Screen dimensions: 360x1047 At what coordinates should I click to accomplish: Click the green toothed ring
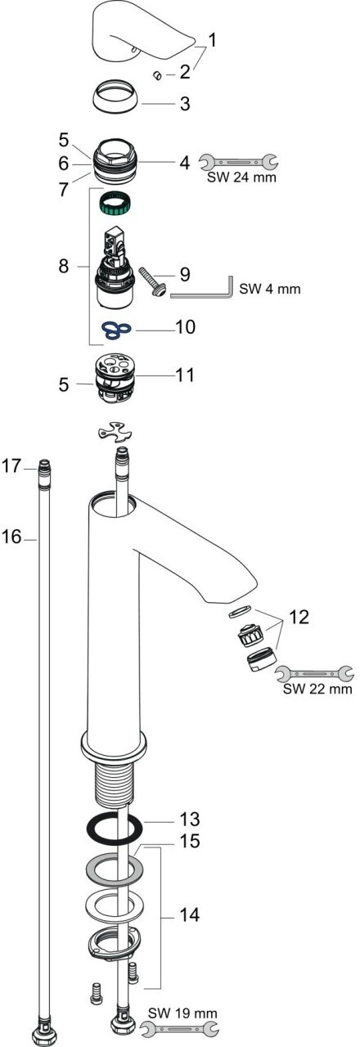[115, 202]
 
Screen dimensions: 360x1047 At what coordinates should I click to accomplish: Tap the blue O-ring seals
[117, 330]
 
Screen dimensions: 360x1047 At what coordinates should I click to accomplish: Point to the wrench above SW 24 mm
[238, 162]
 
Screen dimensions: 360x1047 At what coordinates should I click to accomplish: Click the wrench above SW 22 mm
[313, 673]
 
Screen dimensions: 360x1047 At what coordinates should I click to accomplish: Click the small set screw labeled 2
[157, 74]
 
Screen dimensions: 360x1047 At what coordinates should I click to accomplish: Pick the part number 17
[11, 465]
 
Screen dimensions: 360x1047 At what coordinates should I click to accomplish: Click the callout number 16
[11, 537]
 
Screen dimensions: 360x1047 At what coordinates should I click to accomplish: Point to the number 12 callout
[299, 617]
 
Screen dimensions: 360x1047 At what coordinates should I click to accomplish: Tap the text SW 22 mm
[317, 689]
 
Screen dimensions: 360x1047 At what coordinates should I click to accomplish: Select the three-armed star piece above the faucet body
[114, 433]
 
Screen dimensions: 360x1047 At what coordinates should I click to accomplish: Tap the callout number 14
[190, 914]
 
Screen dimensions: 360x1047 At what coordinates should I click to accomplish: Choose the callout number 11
[185, 375]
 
